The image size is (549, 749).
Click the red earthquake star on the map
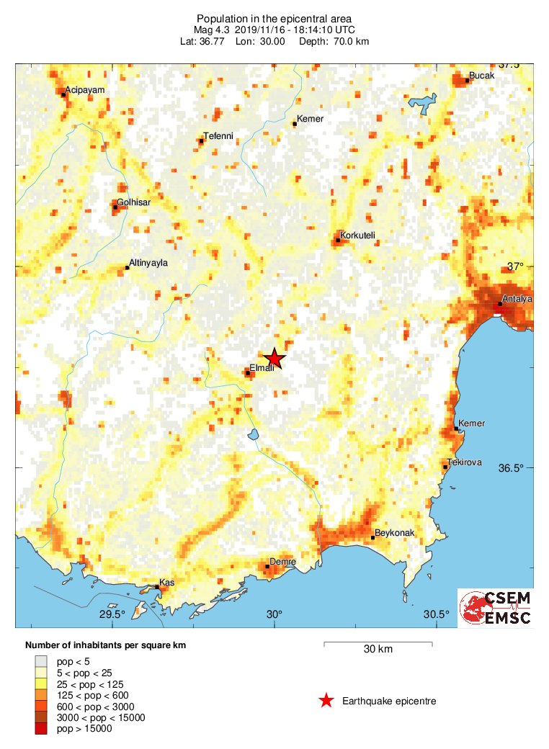point(274,359)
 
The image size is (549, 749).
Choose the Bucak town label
point(481,75)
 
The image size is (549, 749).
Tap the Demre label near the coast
point(282,561)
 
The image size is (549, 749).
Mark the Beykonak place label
point(391,532)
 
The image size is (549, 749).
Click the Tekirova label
point(465,462)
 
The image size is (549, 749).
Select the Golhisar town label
point(133,202)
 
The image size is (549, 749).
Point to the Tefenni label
point(218,135)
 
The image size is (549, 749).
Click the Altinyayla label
point(148,263)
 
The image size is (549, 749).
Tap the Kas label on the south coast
point(167,582)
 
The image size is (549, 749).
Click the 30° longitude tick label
point(274,614)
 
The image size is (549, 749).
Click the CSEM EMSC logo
point(496,608)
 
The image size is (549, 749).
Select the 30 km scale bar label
point(378,649)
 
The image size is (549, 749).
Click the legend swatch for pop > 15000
point(42,729)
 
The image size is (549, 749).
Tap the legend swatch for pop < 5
point(42,660)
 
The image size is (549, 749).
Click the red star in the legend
point(326,700)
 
